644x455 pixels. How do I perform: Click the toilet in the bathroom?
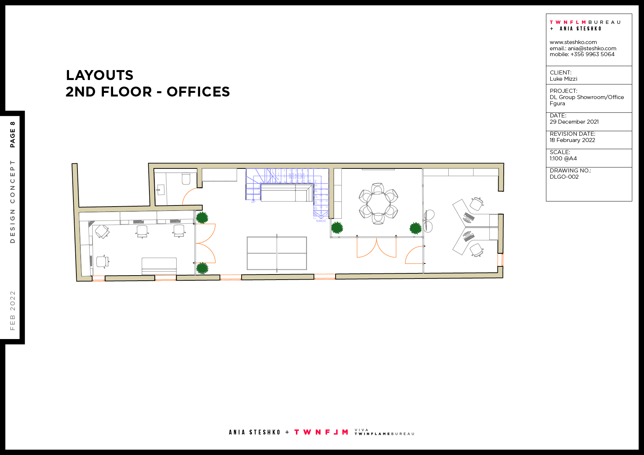click(186, 179)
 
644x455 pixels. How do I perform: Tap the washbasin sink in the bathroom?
click(159, 189)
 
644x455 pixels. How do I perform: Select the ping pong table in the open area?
click(277, 253)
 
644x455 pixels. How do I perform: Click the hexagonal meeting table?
click(378, 203)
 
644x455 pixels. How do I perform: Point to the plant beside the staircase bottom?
click(337, 228)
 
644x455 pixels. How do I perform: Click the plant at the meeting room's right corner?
click(415, 228)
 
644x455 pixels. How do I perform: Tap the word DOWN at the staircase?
click(321, 221)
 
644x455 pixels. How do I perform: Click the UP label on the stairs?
click(253, 201)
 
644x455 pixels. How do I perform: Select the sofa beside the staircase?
click(286, 193)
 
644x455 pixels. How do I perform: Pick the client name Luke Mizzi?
click(563, 79)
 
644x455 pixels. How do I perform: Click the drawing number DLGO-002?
click(564, 177)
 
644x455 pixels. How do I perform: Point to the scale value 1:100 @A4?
click(563, 159)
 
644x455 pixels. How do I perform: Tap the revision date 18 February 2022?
click(572, 140)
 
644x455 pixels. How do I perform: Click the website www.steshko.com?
click(573, 42)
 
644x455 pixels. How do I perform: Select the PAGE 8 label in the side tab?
click(12, 134)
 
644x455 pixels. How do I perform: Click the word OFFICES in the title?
click(198, 92)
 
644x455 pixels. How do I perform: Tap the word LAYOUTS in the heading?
click(100, 75)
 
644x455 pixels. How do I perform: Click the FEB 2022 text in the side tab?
click(12, 310)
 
